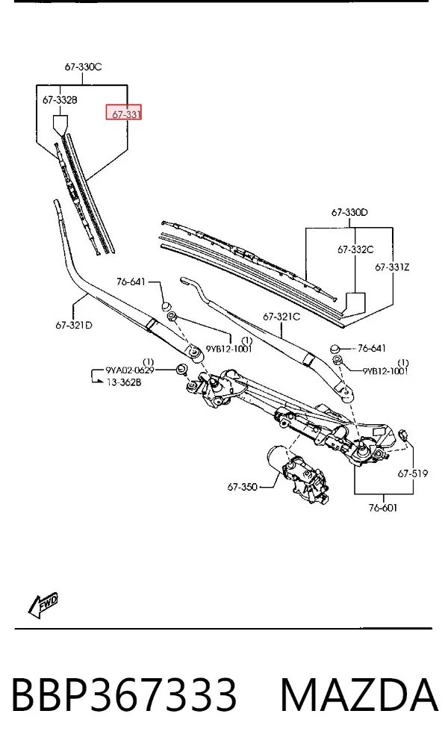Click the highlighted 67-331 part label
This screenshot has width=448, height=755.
tap(124, 113)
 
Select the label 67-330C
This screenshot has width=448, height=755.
tap(83, 67)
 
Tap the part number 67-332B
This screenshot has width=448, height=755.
tap(60, 100)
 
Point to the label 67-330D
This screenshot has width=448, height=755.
tap(349, 212)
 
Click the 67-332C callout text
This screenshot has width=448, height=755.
tap(355, 249)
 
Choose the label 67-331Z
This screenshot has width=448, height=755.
tap(392, 267)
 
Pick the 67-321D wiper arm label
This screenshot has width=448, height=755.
tap(74, 325)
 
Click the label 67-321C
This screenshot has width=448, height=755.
tap(281, 317)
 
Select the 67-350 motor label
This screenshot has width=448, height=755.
tap(242, 487)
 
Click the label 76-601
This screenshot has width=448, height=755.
tap(383, 508)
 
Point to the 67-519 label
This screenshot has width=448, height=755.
tap(412, 473)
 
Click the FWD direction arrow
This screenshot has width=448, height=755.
tap(43, 604)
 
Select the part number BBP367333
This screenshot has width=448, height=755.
tap(124, 695)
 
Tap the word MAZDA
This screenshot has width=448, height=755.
tap(359, 695)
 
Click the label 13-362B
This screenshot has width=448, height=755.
tap(124, 382)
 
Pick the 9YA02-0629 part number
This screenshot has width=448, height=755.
tap(130, 370)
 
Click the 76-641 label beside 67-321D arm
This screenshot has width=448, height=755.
tap(131, 282)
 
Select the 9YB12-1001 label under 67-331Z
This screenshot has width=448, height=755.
tap(385, 370)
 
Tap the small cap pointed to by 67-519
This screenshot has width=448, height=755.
tap(404, 435)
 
